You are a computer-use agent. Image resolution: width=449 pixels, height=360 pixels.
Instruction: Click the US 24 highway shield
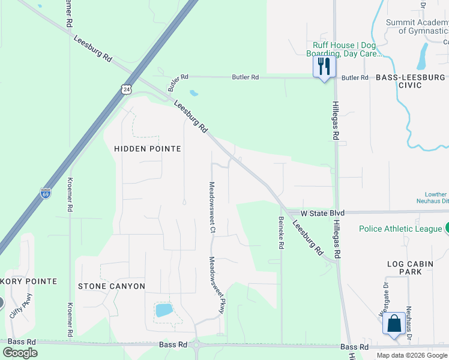point(125,89)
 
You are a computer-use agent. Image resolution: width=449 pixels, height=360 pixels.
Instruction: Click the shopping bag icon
point(394,324)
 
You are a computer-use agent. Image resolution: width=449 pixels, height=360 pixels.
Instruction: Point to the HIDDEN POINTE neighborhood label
point(147,148)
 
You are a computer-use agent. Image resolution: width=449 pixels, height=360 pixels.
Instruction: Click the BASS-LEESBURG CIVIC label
point(411,81)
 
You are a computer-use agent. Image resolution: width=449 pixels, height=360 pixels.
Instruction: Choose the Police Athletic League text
point(400,229)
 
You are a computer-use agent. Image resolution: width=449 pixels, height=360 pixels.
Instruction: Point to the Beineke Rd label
point(280,233)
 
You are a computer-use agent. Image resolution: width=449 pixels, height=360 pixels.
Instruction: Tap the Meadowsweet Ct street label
point(212,206)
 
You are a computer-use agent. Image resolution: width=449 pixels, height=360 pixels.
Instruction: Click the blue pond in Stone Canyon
point(163,310)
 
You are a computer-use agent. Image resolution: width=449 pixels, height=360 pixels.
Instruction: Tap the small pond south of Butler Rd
point(193,93)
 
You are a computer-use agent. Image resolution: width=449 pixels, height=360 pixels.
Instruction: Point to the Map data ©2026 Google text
point(411,355)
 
